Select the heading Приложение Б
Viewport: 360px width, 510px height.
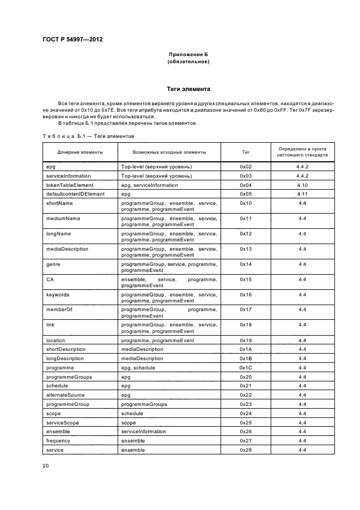[188, 55]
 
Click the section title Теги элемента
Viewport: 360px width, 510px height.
[188, 89]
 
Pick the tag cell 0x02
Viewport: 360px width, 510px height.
[246, 167]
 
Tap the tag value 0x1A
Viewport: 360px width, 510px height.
[246, 349]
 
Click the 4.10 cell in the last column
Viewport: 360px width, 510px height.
[302, 185]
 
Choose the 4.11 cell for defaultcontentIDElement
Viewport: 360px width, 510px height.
[302, 194]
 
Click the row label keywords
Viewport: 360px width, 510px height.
[58, 295]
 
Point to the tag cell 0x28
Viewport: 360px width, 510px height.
[246, 450]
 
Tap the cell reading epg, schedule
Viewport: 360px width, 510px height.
[138, 368]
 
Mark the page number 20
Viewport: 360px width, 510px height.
[46, 466]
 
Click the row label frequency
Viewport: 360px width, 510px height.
[58, 441]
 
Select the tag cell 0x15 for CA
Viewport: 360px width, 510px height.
[246, 280]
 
